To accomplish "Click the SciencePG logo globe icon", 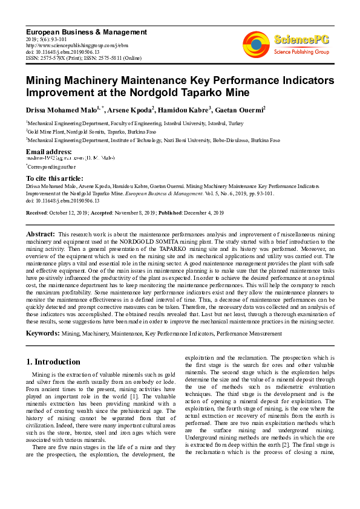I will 256,44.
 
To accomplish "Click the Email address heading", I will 48,151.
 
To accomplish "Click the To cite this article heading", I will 54,178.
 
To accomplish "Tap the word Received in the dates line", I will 38,213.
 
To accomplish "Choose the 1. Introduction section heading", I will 53,362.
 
